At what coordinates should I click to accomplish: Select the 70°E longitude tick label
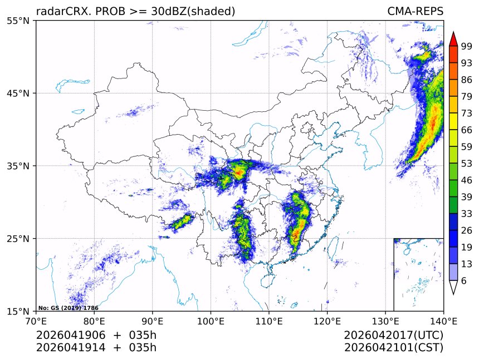36,321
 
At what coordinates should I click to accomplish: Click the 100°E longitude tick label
211,321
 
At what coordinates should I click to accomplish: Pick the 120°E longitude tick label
327,321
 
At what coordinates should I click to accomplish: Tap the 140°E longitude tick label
443,321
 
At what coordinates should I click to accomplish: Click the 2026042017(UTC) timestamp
393,336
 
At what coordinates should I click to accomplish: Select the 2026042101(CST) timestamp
393,348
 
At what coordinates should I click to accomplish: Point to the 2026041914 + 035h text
96,348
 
